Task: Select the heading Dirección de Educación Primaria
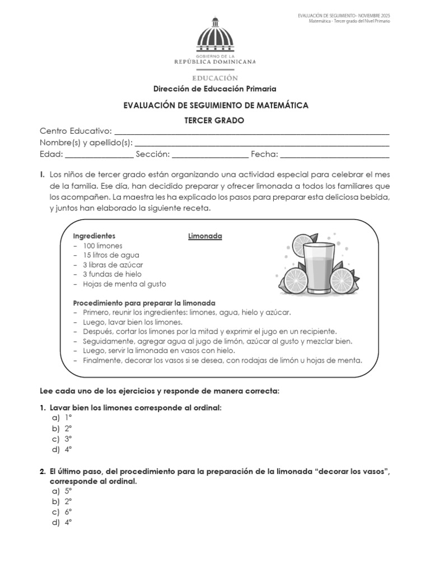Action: click(215, 89)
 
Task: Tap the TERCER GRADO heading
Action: click(215, 120)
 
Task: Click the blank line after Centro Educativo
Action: click(251, 133)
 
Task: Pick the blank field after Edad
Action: click(99, 155)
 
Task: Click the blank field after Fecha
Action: click(334, 155)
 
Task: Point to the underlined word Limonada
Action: click(205, 236)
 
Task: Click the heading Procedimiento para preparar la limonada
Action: click(144, 303)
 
